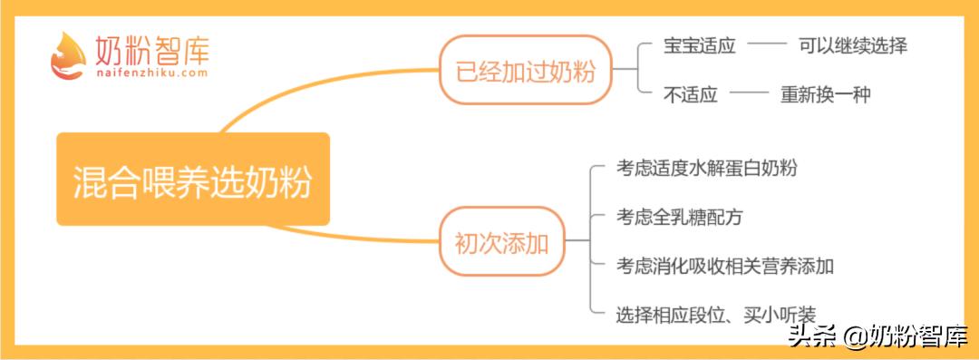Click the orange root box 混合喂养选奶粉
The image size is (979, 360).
tap(192, 180)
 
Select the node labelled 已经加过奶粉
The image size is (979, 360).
tap(526, 71)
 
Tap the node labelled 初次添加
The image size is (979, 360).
tap(500, 242)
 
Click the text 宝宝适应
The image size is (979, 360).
tap(699, 45)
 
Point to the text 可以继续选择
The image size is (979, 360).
tap(853, 45)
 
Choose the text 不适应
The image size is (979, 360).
tap(690, 94)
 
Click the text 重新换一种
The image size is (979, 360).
tap(825, 94)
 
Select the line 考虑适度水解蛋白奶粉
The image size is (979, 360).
tap(707, 168)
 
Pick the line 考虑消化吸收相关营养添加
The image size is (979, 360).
tap(725, 266)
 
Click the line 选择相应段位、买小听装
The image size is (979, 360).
tap(716, 315)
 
